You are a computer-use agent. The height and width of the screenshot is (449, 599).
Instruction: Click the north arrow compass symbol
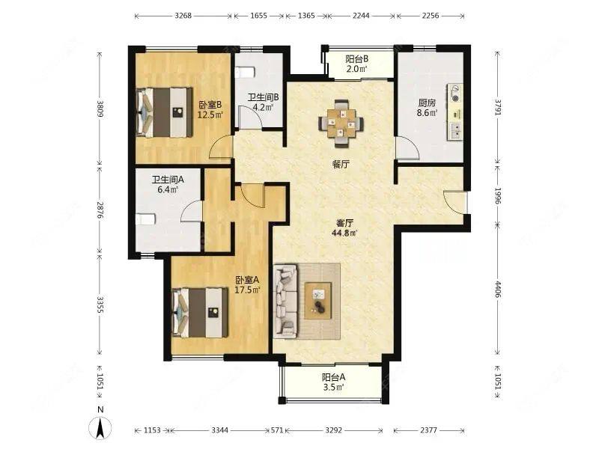100,427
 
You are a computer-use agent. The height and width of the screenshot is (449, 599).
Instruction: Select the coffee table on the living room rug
317,301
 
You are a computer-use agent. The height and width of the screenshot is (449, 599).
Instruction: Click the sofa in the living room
285,302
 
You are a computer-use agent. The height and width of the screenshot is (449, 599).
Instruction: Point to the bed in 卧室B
164,112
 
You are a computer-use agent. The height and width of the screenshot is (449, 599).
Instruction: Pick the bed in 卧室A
200,313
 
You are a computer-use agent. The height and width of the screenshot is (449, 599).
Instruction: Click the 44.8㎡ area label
344,233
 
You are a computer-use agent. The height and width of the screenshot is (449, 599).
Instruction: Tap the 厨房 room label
427,103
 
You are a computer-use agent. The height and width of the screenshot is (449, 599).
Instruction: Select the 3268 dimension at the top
183,16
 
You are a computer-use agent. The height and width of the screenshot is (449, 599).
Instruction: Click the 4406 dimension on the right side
498,290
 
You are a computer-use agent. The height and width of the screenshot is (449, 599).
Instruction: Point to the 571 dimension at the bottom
277,430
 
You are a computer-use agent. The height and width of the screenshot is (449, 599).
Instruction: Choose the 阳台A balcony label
333,378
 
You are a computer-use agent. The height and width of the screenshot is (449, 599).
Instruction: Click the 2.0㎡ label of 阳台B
357,69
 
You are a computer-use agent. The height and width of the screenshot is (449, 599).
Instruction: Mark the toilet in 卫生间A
145,219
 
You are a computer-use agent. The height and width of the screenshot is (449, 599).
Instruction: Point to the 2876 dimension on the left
100,210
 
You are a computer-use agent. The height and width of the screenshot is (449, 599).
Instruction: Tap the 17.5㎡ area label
248,290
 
